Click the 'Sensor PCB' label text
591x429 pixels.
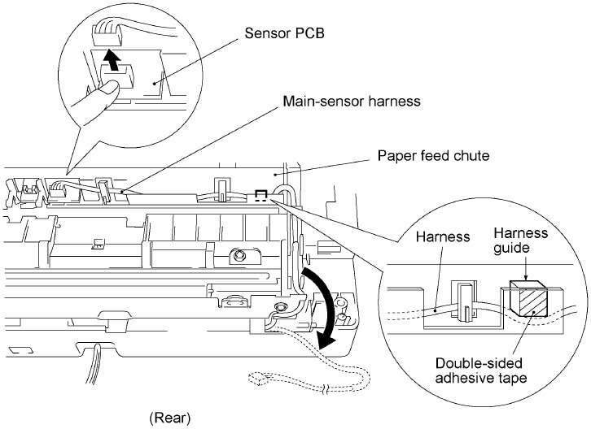(x=284, y=33)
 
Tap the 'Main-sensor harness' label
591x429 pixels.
(x=352, y=102)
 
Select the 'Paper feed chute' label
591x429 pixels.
(x=433, y=155)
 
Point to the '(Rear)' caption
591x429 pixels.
(x=170, y=418)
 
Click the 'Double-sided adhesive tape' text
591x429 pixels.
(x=480, y=370)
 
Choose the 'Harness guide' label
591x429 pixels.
(x=520, y=240)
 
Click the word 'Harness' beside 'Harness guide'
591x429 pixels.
(x=443, y=236)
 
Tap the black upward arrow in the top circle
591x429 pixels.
(x=112, y=59)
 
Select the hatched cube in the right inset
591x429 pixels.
(x=528, y=297)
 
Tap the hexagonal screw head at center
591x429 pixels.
(x=239, y=256)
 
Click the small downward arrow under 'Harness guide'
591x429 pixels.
(x=525, y=269)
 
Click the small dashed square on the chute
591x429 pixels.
(x=261, y=196)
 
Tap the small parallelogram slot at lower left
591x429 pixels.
(x=20, y=351)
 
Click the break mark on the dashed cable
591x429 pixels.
(x=325, y=389)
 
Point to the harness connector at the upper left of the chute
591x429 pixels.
(x=58, y=189)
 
